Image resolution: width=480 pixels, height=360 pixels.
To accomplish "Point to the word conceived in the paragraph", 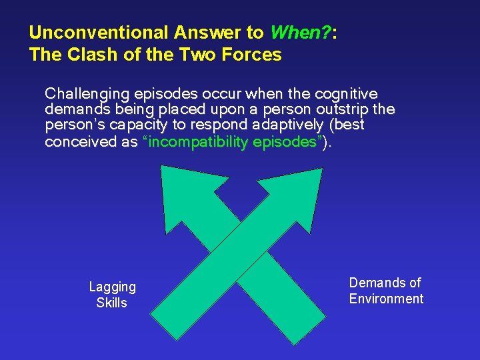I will [x=75, y=142].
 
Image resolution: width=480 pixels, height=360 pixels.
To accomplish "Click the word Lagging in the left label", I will [x=112, y=287].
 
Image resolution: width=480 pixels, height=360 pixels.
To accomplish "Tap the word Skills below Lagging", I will [x=112, y=303].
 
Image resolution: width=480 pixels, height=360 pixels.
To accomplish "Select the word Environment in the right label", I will [x=386, y=299].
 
